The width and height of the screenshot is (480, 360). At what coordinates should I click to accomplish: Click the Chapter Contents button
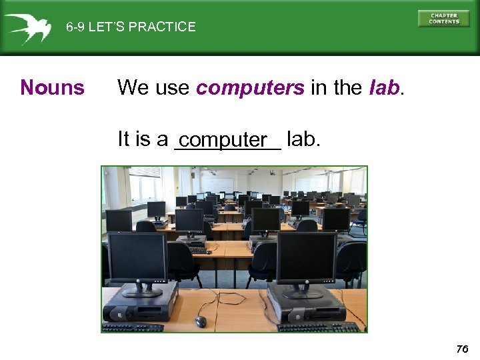click(443, 19)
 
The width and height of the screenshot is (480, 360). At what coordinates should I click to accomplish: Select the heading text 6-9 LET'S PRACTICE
click(131, 27)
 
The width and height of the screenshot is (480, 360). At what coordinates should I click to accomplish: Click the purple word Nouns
click(53, 87)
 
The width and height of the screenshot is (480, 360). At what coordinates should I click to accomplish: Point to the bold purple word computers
click(251, 87)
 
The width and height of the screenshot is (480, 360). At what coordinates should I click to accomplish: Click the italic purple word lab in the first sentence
click(383, 87)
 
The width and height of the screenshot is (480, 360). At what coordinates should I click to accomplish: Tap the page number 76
click(462, 349)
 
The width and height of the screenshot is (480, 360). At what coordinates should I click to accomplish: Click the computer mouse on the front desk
click(201, 321)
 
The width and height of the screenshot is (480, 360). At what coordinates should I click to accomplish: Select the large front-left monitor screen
click(138, 257)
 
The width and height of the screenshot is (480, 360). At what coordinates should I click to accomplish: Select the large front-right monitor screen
click(306, 257)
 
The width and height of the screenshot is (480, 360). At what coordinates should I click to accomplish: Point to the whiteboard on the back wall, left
click(217, 183)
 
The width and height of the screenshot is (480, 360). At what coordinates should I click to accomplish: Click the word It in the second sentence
click(123, 139)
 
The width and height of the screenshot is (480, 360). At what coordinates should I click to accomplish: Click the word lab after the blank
click(303, 139)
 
